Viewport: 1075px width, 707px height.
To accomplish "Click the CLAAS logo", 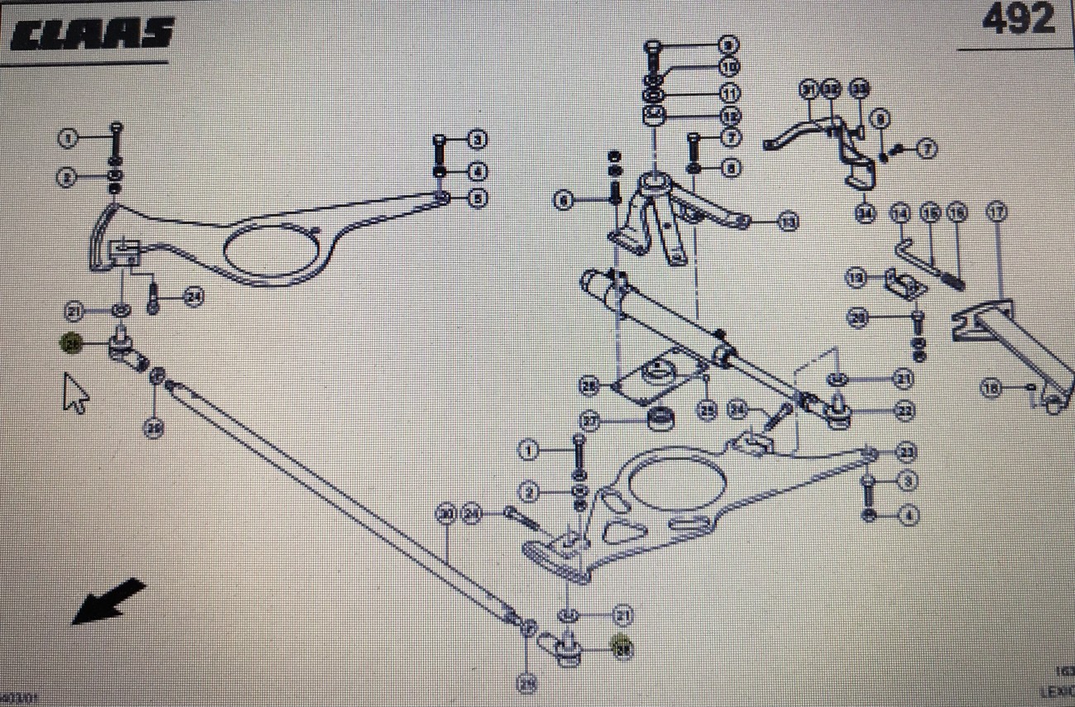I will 93,34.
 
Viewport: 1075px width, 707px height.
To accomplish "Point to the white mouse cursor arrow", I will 75,392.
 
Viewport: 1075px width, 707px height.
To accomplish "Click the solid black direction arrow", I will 108,601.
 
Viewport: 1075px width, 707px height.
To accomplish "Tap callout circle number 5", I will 478,198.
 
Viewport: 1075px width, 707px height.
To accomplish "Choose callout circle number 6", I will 563,200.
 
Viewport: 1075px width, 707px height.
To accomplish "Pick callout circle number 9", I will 729,44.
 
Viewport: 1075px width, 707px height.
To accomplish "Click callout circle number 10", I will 729,66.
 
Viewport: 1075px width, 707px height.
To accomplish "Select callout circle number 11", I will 729,93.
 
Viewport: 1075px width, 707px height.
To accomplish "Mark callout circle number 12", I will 729,116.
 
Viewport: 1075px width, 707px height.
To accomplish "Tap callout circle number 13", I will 789,222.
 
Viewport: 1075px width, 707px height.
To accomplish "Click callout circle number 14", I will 900,213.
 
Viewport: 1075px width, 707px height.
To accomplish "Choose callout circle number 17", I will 997,213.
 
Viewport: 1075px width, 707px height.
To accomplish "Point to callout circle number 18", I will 990,386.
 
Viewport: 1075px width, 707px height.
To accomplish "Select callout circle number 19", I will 856,278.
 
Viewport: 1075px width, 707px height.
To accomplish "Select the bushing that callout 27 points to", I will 660,420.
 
